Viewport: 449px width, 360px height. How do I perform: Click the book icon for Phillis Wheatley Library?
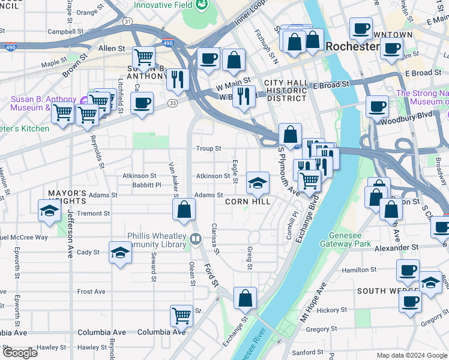(x=195, y=240)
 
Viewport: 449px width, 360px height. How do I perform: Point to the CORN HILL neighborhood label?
(x=247, y=202)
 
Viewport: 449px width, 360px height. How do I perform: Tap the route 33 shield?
(x=172, y=103)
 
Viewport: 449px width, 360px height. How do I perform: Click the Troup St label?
(x=208, y=148)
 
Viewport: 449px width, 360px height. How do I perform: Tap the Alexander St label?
(x=397, y=247)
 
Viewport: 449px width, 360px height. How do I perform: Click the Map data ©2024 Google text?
(x=411, y=355)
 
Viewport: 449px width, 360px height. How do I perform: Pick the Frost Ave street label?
(x=91, y=292)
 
